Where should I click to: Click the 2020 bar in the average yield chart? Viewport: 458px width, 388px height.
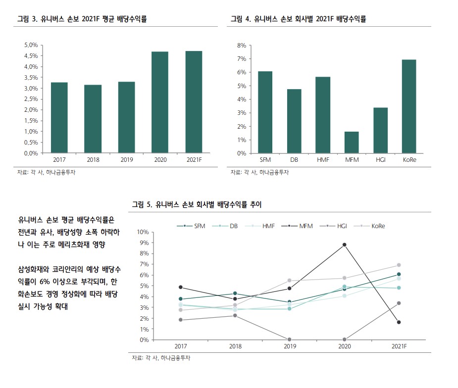(160, 102)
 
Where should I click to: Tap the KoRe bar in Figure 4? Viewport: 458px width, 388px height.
(409, 106)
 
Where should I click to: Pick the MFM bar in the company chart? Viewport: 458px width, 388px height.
(352, 143)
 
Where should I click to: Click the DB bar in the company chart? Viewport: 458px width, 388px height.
(294, 121)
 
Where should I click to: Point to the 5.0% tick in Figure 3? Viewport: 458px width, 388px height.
(31, 45)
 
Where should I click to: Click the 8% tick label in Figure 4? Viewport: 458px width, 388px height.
(242, 45)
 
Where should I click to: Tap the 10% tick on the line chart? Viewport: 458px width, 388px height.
(143, 232)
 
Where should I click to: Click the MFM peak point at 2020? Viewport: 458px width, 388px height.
(344, 244)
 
